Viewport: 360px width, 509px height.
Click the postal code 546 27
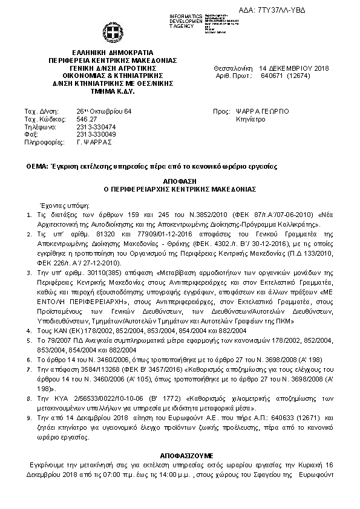coord(87,119)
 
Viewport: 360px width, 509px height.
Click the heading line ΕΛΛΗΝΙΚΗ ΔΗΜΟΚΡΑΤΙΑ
coord(113,53)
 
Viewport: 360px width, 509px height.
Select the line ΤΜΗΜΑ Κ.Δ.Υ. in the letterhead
coord(113,90)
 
